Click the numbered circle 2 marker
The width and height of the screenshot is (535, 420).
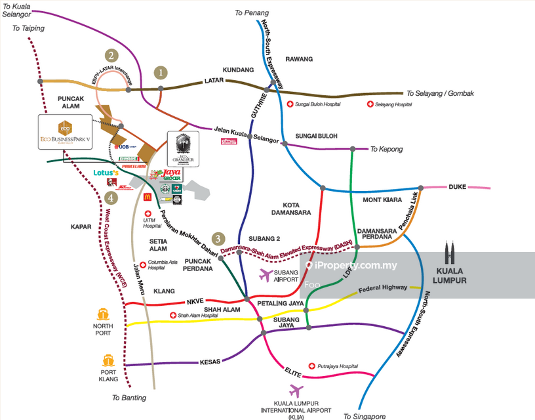pyautogui.click(x=112, y=56)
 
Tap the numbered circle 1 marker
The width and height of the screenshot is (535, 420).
pyautogui.click(x=160, y=72)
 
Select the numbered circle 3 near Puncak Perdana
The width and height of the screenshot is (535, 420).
pyautogui.click(x=218, y=239)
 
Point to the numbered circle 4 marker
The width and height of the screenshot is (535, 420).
pyautogui.click(x=112, y=198)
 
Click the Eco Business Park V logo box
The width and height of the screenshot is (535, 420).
pyautogui.click(x=66, y=134)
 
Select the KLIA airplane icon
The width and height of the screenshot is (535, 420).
pyautogui.click(x=296, y=391)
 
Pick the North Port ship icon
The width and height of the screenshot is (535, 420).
pyautogui.click(x=103, y=315)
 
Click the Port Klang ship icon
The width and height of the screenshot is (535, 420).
pyautogui.click(x=109, y=360)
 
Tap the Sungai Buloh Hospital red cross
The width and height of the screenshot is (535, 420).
pyautogui.click(x=290, y=104)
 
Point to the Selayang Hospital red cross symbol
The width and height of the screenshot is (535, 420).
pyautogui.click(x=370, y=104)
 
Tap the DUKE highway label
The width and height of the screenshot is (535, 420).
pyautogui.click(x=457, y=187)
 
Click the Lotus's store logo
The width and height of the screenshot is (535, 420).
pyautogui.click(x=105, y=174)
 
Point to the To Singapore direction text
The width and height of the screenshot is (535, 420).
pyautogui.click(x=365, y=416)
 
